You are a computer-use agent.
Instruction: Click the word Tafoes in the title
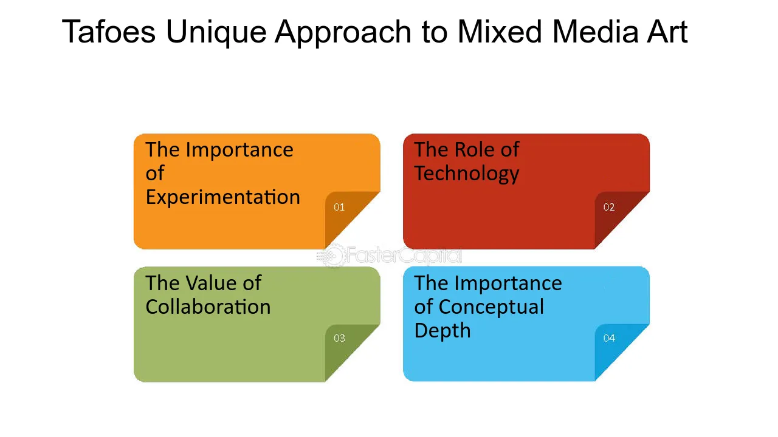[x=109, y=32]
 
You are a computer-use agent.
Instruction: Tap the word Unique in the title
[x=216, y=33]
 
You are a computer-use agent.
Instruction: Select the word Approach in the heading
[x=343, y=33]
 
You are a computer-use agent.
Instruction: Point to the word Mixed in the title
[x=500, y=32]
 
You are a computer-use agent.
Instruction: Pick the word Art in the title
[x=667, y=32]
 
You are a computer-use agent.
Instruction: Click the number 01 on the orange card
[x=339, y=207]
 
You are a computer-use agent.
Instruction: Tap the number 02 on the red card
[x=609, y=207]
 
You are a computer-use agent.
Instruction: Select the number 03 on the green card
[x=339, y=338]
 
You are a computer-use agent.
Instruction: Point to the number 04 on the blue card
[x=609, y=338]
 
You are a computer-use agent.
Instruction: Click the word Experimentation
[x=222, y=198]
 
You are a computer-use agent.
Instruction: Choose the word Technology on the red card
[x=466, y=174]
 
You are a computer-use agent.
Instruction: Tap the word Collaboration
[x=208, y=307]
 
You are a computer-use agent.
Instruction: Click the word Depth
[x=442, y=331]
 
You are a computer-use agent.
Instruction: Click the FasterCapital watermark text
[x=404, y=256]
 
